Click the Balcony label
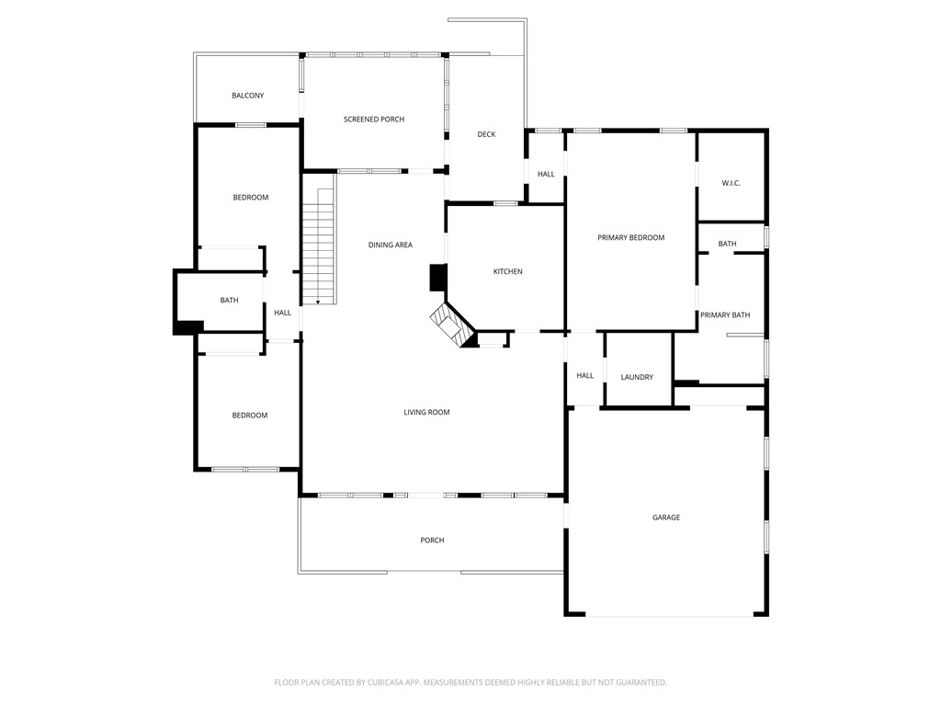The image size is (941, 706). tap(248, 96)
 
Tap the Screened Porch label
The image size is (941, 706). tap(374, 120)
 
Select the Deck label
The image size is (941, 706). tap(486, 135)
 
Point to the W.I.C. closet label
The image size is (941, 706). tap(731, 184)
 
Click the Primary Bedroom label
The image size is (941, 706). tap(630, 238)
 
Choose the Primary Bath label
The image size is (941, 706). tap(725, 315)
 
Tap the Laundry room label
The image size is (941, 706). tap(637, 378)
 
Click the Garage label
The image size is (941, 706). tap(666, 518)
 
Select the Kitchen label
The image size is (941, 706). tap(508, 271)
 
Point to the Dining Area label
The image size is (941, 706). tap(391, 245)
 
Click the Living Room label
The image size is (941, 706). tap(427, 413)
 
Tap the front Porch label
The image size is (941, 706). tap(432, 541)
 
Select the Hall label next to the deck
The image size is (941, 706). tap(546, 175)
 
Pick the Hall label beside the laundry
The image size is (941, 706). tap(585, 376)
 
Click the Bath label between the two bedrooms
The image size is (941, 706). tap(229, 301)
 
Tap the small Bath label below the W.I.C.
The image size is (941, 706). tap(727, 245)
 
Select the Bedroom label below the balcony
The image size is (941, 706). tap(250, 198)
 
